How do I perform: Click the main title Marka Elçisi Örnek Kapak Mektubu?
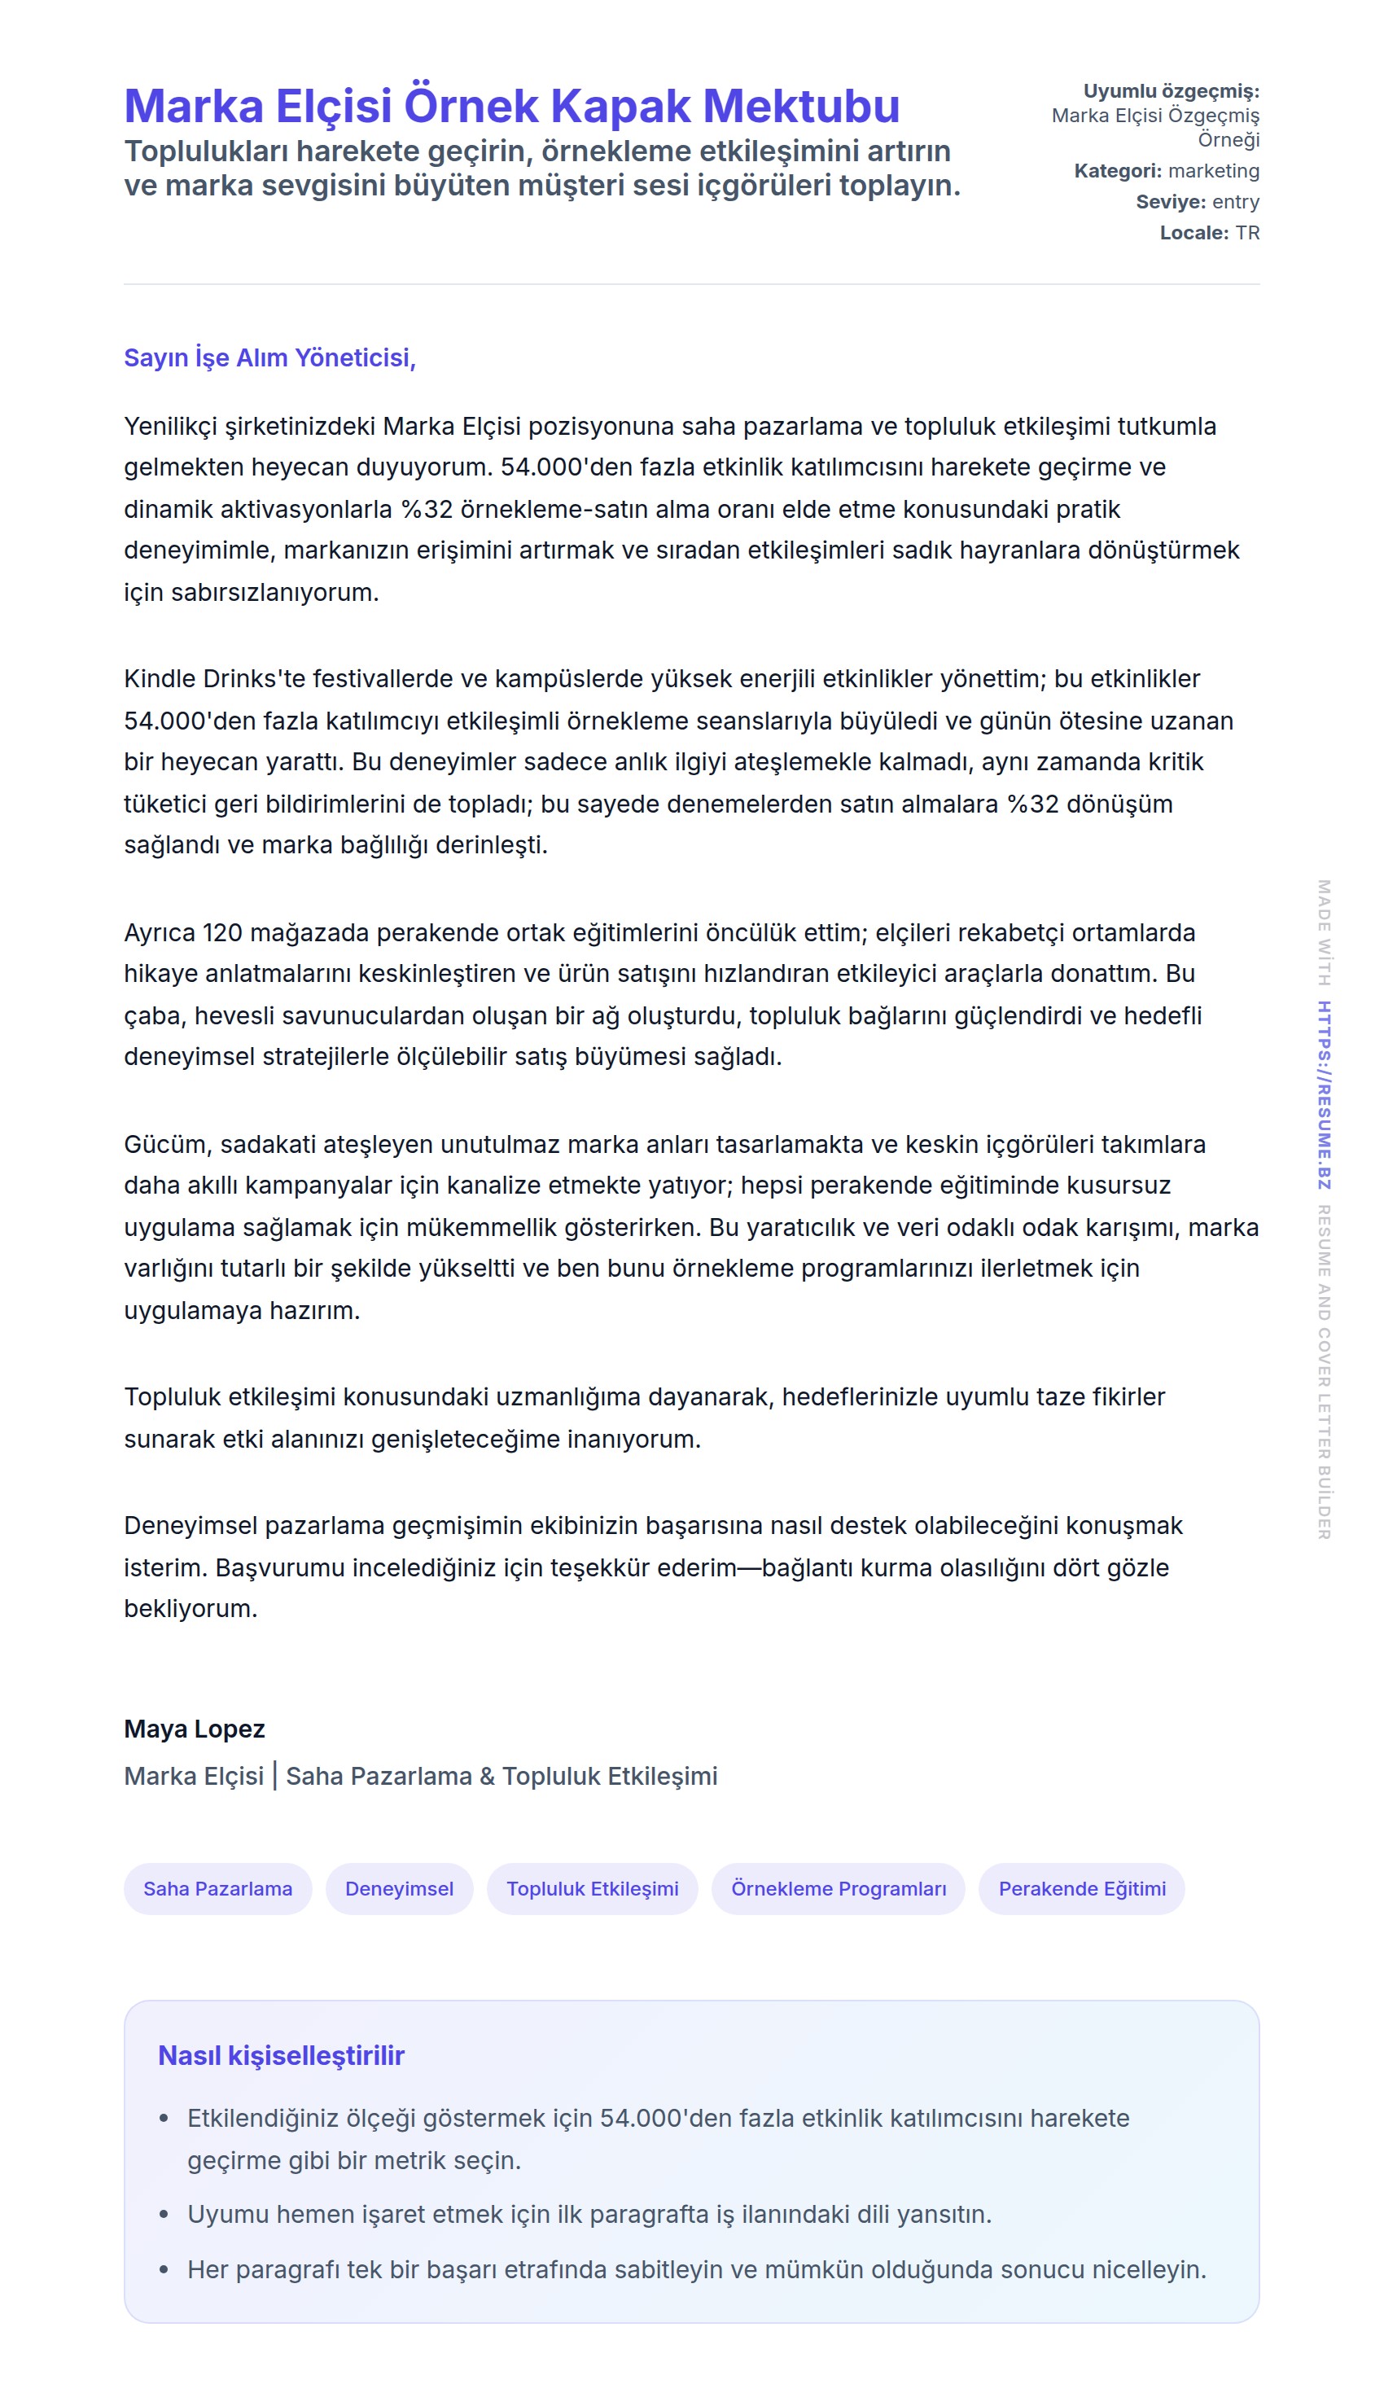click(x=511, y=106)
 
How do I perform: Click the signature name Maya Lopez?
click(x=194, y=1728)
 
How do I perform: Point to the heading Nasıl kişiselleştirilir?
click(x=282, y=2055)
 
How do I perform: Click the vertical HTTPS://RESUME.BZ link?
click(x=1323, y=1095)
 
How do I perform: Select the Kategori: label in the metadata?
click(x=1117, y=171)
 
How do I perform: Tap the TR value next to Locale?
click(x=1247, y=233)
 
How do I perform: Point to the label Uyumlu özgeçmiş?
click(x=1171, y=91)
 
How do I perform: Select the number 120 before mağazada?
click(x=222, y=932)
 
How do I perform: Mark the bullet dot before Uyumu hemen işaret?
click(x=164, y=2215)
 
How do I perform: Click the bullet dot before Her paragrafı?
click(x=164, y=2270)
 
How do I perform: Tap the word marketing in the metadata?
click(x=1213, y=171)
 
